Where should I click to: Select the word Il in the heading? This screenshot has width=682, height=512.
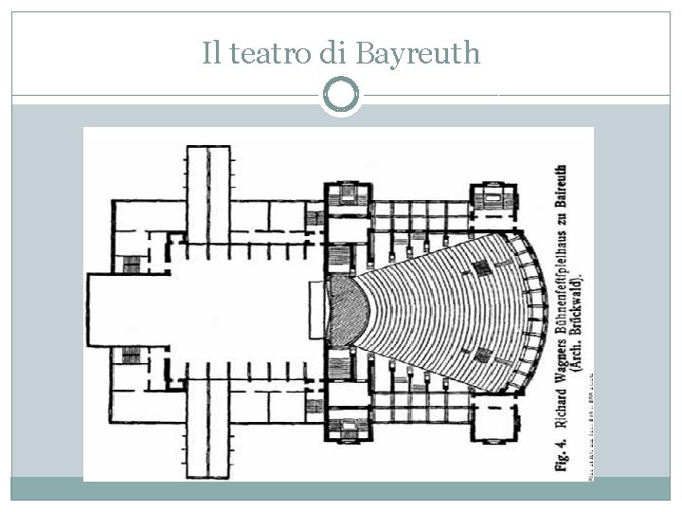point(211,53)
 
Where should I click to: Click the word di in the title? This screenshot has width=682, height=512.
point(332,53)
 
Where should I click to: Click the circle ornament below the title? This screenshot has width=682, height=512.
point(341,94)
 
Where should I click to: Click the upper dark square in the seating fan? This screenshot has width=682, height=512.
point(482,268)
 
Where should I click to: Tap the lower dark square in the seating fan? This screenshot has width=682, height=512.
point(482,356)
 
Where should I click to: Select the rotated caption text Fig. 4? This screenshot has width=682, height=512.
point(561,452)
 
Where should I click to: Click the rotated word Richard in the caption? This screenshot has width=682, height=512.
point(561,396)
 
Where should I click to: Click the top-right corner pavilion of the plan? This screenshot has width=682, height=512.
point(493,200)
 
